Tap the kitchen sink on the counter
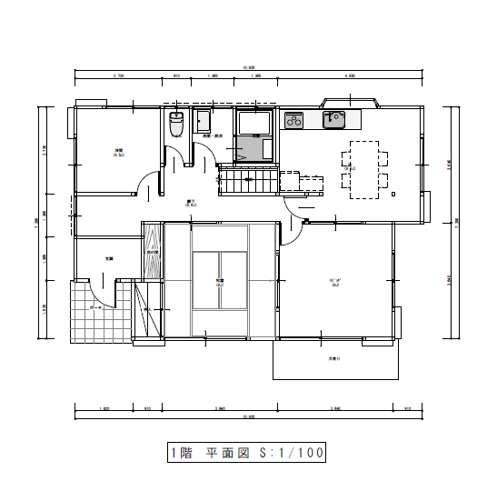point(333,118)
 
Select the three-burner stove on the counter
point(294,119)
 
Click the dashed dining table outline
point(365,168)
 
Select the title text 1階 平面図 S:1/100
point(245,452)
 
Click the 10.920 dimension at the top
point(249,69)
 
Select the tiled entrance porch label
point(95,307)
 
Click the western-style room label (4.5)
point(119,152)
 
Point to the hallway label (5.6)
point(166,203)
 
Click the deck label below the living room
point(334,359)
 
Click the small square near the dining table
point(392,193)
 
